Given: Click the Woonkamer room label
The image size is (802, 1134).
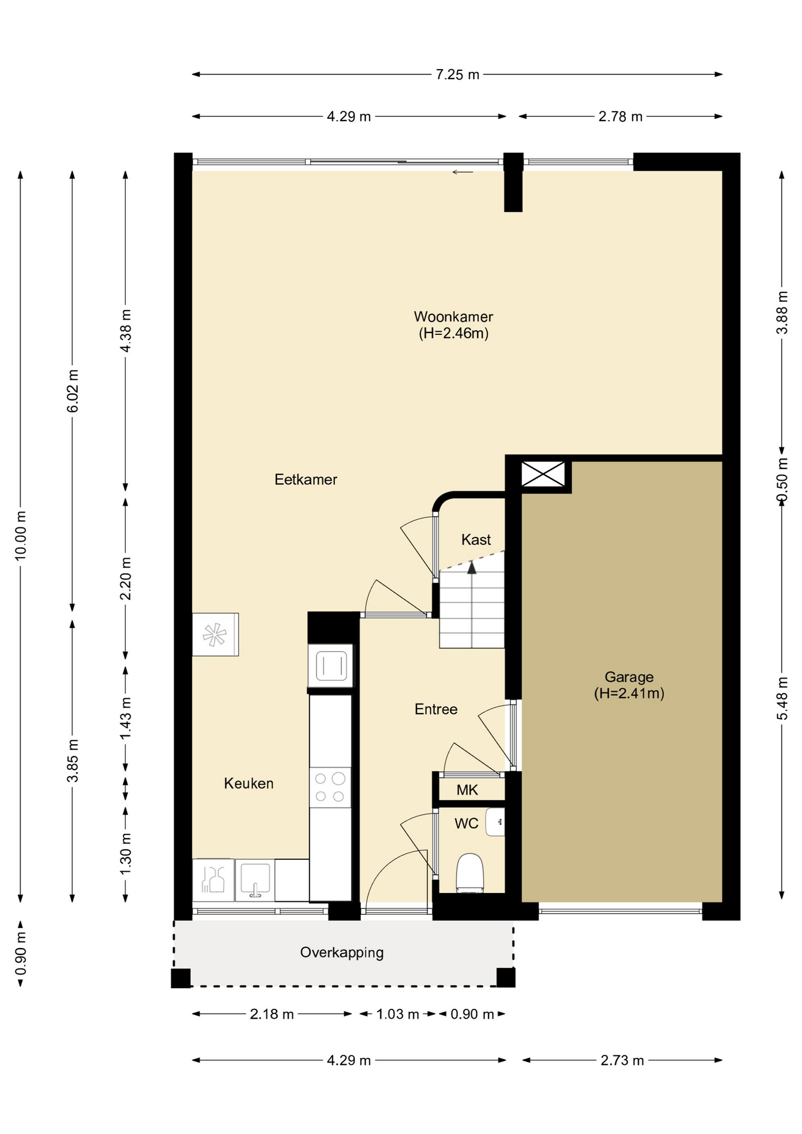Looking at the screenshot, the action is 453,317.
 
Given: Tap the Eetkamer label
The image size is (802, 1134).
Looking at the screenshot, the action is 306,480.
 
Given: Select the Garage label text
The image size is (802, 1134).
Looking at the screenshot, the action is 629,677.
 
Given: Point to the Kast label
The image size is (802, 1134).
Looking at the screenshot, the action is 476,540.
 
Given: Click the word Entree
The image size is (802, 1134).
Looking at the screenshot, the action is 436,709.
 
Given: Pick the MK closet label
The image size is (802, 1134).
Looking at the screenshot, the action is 467,790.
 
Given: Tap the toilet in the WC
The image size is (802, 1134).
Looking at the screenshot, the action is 470,872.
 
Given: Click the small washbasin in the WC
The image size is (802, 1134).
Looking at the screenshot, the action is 495,822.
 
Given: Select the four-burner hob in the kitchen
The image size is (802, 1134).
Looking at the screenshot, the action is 330,787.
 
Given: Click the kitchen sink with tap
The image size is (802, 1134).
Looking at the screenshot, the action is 255,880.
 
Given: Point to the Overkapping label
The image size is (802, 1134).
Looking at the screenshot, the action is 342,953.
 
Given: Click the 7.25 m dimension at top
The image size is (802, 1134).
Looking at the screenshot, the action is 458,75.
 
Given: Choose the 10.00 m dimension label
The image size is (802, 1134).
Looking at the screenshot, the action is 21,535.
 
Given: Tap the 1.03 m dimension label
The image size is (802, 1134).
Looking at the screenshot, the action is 398,1015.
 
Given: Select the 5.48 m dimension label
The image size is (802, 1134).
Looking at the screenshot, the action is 783,699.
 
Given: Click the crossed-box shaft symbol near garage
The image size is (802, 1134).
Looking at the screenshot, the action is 543,474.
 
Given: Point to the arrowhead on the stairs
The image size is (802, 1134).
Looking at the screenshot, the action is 472,568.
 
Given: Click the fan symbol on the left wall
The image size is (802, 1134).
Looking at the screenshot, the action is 215,635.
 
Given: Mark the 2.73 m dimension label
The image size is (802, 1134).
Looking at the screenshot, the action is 622,1061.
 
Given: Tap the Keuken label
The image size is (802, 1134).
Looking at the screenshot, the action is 249,784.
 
